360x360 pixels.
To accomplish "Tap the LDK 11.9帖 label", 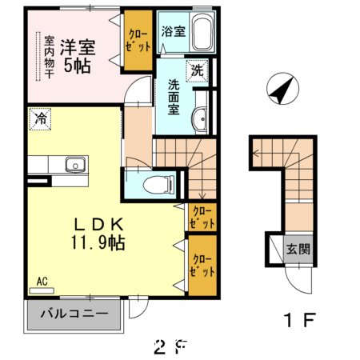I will coord(98,232).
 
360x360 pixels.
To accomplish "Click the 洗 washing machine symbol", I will coord(196,70).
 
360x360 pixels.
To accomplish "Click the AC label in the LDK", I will coord(42,282).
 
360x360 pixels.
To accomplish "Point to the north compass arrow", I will coord(281,89).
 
